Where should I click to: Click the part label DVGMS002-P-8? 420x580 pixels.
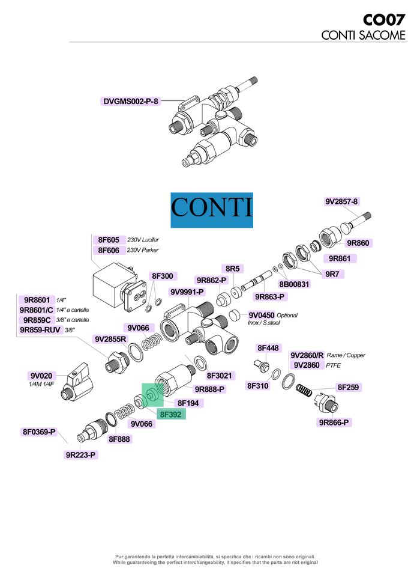tap(131, 101)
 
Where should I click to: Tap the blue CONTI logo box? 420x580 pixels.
tap(211, 210)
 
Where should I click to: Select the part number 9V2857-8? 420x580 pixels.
tap(341, 201)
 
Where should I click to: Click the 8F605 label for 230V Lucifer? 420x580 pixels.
tap(109, 239)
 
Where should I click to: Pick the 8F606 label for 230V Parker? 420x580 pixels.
tap(109, 250)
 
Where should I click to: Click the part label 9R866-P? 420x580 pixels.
tap(334, 423)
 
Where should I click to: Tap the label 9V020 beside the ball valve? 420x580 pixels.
tap(42, 376)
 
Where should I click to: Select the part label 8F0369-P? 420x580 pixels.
tap(39, 432)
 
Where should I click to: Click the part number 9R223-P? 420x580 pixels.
tap(81, 455)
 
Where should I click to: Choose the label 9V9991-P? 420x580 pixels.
tap(187, 292)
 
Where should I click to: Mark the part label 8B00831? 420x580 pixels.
tap(294, 284)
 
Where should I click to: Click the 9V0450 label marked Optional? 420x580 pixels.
tap(261, 315)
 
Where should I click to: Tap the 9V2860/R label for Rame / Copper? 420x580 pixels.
tap(307, 355)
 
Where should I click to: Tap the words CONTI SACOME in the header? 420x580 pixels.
tap(364, 35)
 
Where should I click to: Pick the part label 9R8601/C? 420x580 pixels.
tap(37, 310)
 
